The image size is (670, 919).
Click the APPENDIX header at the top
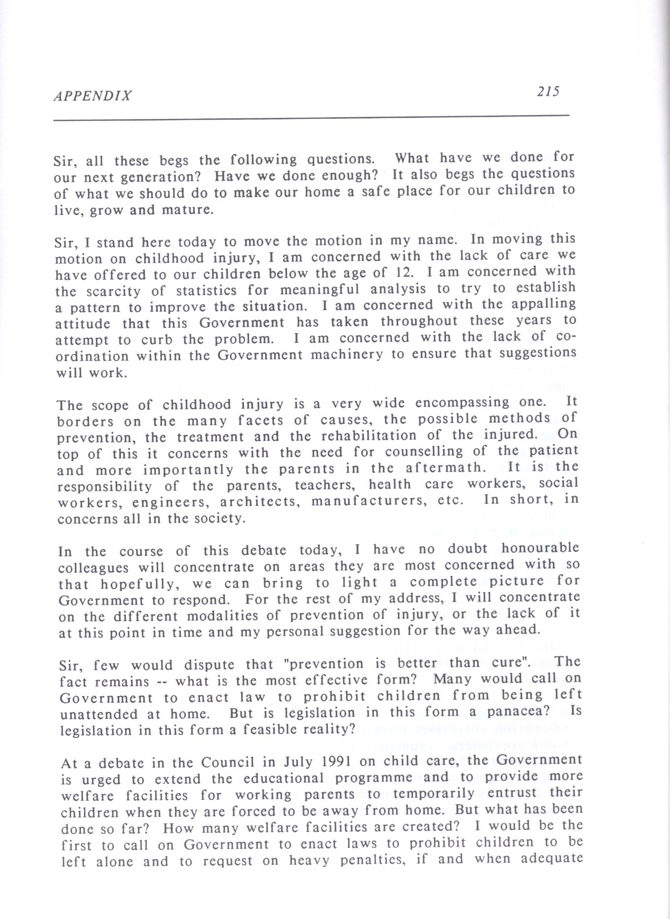pos(93,95)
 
